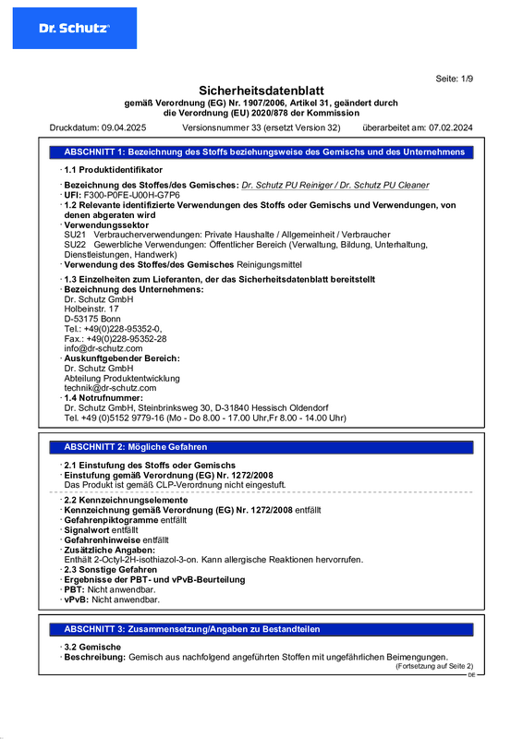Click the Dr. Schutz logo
point(74,29)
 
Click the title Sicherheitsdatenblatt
point(261,91)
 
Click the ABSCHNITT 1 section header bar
point(261,151)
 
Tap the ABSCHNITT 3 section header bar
point(261,628)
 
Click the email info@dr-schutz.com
point(103,348)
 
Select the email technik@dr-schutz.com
point(109,388)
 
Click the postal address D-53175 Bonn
point(93,319)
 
